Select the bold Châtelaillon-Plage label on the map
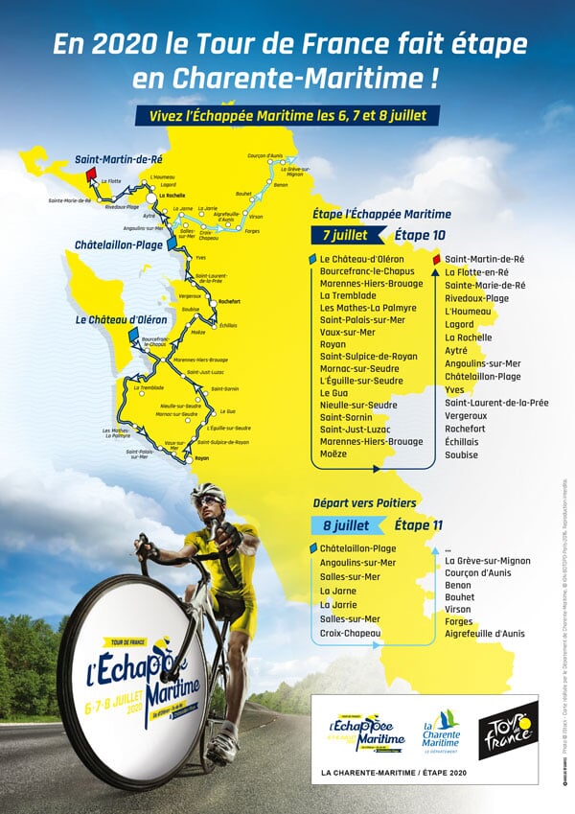[x=118, y=245]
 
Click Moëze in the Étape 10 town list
[x=333, y=454]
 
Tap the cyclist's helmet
[x=208, y=493]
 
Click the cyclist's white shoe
[x=221, y=742]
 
